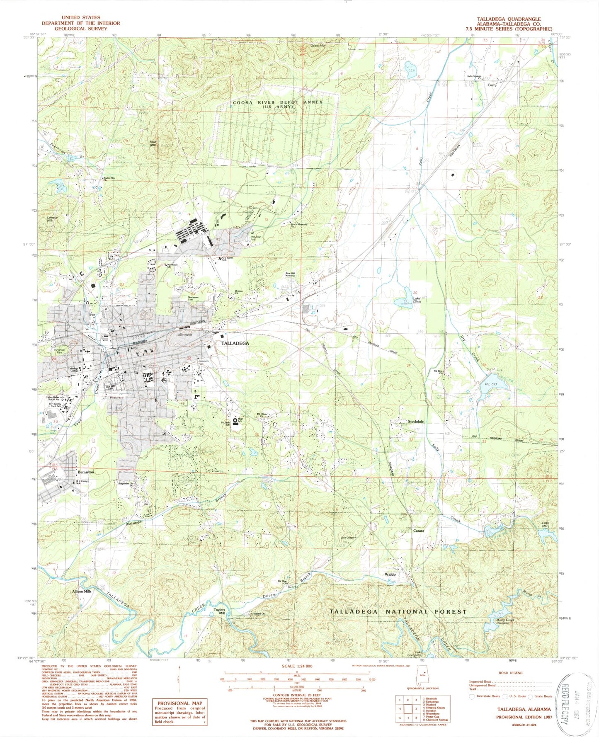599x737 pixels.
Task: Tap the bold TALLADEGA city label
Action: (235, 344)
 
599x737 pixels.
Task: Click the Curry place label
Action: (492, 85)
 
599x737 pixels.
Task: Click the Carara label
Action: (419, 531)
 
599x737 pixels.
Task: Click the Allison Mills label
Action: (82, 592)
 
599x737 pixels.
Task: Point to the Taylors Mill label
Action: (219, 612)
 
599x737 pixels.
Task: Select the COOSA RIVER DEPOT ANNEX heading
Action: (277, 102)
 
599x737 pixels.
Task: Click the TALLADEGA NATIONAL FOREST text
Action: (398, 611)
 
